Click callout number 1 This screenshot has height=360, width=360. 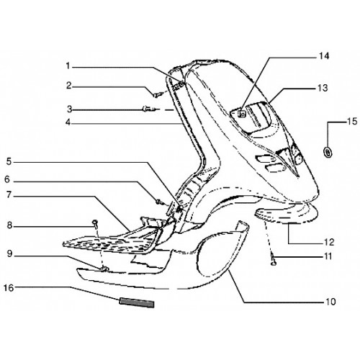point(68,66)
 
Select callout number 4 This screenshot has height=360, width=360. point(68,122)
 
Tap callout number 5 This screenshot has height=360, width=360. point(9,161)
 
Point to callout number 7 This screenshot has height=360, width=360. point(9,195)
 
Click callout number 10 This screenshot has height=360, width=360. point(330,302)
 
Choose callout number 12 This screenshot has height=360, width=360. point(329,243)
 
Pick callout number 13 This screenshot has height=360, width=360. point(323,88)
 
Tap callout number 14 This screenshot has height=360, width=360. point(324,56)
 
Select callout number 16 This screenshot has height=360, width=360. point(9,287)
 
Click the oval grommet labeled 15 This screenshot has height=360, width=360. point(328,152)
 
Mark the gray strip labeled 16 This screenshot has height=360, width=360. point(137,302)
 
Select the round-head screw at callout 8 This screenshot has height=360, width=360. point(95,224)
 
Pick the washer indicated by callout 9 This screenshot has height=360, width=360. point(104,269)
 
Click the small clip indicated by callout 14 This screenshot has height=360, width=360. point(242,113)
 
